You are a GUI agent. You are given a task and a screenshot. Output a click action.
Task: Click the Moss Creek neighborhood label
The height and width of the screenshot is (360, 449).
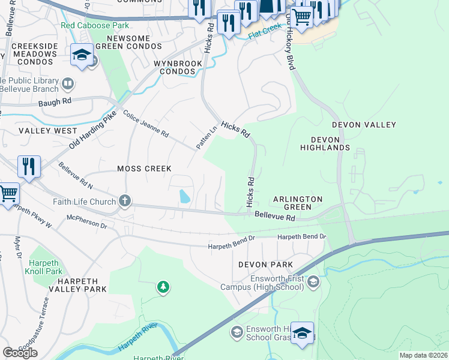click(x=144, y=169)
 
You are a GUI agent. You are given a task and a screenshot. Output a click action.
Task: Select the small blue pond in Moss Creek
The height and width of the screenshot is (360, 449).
click(x=184, y=196)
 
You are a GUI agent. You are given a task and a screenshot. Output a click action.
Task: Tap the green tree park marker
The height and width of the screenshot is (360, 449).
click(x=163, y=288)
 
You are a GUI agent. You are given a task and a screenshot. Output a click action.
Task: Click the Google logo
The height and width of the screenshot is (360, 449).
click(x=20, y=353)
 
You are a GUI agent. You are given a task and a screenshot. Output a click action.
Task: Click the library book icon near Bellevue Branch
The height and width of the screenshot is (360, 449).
click(x=68, y=82)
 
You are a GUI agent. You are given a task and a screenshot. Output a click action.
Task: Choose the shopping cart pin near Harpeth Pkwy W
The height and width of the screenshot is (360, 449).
click(x=8, y=194)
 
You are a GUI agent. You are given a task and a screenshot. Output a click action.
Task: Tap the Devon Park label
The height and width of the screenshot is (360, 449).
click(x=265, y=265)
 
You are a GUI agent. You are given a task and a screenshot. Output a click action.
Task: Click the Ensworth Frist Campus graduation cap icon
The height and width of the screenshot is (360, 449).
click(x=312, y=281)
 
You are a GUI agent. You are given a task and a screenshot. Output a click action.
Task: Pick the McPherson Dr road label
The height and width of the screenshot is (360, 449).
click(x=86, y=221)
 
